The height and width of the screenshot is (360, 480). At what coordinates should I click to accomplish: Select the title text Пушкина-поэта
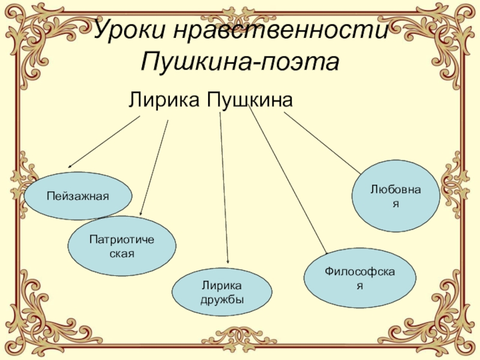240,60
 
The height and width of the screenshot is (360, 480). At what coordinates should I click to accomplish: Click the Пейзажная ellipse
78,196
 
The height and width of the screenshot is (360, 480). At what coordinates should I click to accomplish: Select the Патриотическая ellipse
122,246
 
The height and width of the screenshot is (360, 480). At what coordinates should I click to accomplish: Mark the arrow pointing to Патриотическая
154,168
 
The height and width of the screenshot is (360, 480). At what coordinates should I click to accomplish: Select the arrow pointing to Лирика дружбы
224,192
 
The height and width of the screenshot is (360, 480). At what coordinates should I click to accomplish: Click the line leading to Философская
288,180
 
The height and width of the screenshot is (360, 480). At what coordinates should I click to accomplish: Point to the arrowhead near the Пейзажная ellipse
70,166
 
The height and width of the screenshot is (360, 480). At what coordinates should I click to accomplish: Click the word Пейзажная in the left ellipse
78,196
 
